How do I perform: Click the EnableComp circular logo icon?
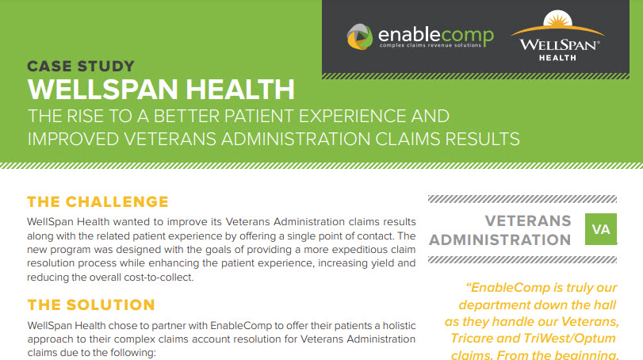pos(360,37)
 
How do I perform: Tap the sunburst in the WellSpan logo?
pos(557,19)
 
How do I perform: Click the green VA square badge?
pos(601,229)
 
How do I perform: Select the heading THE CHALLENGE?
pos(98,201)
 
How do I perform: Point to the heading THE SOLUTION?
pos(91,305)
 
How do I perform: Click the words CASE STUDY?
pos(81,67)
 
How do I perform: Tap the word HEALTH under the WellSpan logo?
pos(557,58)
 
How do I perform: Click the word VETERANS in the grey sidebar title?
pos(528,221)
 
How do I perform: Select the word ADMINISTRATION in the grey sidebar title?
pos(499,239)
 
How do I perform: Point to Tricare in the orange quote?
pos(472,339)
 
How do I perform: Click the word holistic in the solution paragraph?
pos(399,326)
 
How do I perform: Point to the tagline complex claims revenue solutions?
pos(431,45)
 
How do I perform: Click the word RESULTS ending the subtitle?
pos(483,139)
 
